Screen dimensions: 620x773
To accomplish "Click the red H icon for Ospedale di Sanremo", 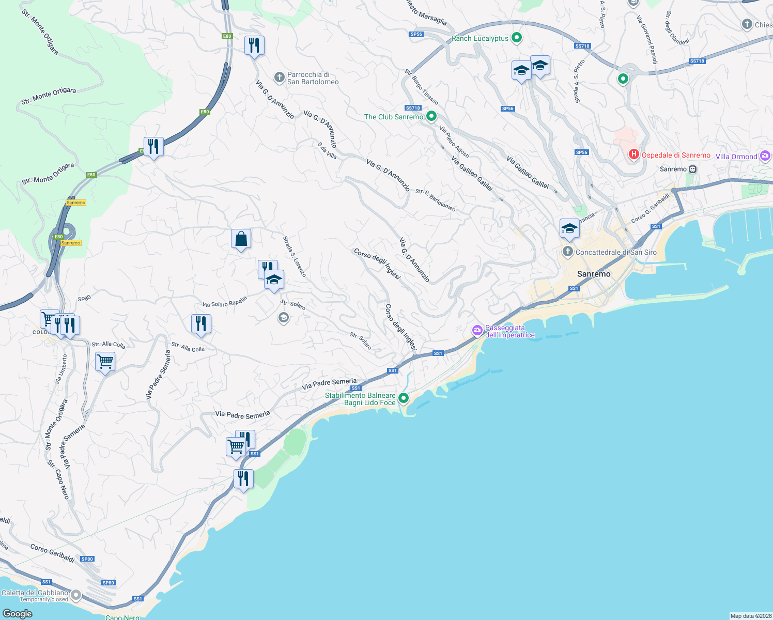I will pos(633,154).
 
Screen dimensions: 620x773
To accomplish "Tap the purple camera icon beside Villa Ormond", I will pos(765,156).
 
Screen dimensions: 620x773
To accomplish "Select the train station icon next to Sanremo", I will pos(693,169).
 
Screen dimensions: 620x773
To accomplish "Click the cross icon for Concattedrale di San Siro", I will pos(567,252).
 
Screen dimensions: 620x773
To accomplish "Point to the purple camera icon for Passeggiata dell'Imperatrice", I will pos(477,330).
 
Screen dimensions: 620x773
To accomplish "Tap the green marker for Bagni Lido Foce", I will pos(404,398).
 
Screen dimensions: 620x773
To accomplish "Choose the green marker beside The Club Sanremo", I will pos(431,116).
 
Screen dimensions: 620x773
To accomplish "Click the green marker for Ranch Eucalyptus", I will pos(516,38).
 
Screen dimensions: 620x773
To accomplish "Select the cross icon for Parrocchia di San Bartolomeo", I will pos(279,78).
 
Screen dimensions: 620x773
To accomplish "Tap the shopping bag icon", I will pos(241,239).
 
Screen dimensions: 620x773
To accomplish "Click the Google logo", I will pos(18,613).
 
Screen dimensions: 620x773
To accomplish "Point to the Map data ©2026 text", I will pos(750,616).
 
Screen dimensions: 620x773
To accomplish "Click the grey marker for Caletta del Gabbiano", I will pos(76,595).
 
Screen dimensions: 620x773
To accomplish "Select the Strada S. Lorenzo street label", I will pos(295,257).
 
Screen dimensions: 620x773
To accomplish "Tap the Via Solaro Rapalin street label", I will pos(225,302).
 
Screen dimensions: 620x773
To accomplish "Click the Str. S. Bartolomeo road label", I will pos(436,200).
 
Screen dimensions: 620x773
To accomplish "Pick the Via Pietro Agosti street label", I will pos(455,142).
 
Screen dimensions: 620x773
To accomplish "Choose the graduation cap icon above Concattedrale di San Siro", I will pos(569,229).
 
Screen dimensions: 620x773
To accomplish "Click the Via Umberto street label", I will pos(61,368).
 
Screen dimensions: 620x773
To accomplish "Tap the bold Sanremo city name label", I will pos(594,274).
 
